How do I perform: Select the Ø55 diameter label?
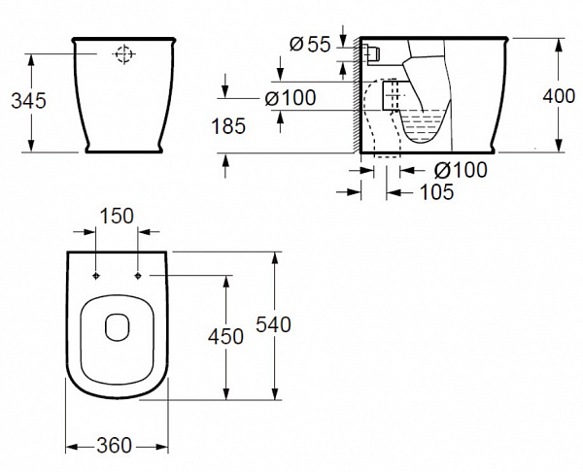click(313, 44)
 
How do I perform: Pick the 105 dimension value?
click(436, 192)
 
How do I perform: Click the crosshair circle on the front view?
click(123, 55)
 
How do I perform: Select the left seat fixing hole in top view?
click(96, 275)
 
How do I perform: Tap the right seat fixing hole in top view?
click(138, 275)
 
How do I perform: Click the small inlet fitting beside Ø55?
click(370, 50)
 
